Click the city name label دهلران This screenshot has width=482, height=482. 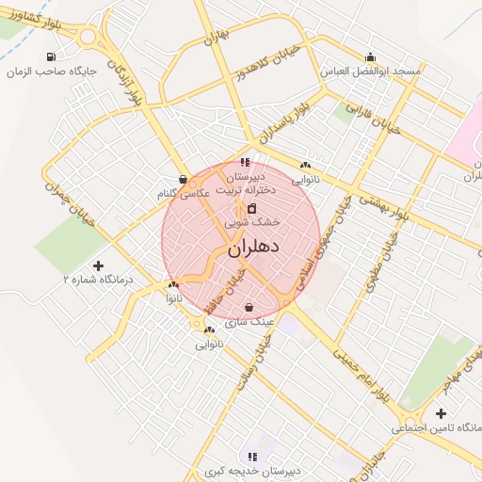click(253, 250)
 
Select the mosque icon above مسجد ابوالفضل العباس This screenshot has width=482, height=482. click(370, 56)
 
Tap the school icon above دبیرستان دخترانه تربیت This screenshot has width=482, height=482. click(246, 162)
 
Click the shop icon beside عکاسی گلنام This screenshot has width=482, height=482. click(182, 178)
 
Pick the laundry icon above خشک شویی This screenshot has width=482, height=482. click(251, 208)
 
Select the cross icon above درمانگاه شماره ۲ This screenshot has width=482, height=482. click(99, 265)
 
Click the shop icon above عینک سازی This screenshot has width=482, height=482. click(249, 307)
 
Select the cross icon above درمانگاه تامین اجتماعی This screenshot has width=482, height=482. click(441, 412)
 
